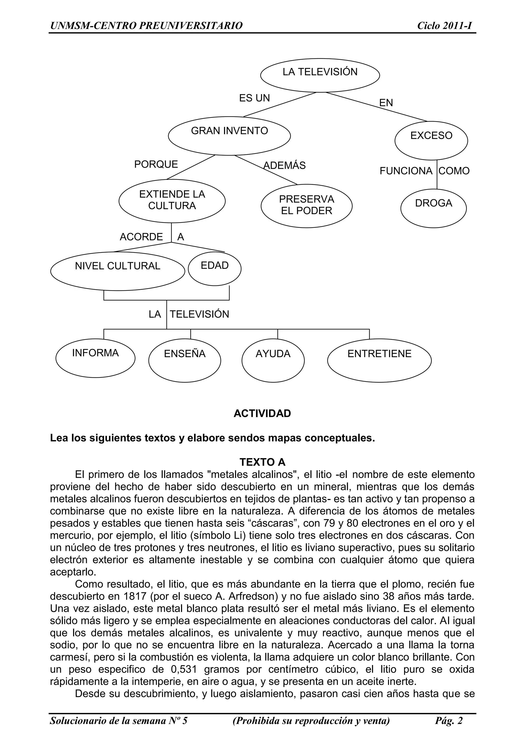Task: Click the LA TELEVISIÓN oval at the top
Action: pos(320,75)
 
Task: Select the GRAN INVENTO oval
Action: pos(229,135)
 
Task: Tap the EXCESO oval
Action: pos(431,140)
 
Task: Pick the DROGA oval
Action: pos(433,208)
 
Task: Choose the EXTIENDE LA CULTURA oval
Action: pos(172,201)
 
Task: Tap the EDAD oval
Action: pos(215,269)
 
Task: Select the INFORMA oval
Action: pos(95,358)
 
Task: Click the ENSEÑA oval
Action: pos(185,360)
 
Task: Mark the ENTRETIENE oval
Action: pos(379,360)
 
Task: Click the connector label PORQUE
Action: pos(156,164)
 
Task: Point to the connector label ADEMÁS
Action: pos(285,165)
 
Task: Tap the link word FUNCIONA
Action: pos(406,171)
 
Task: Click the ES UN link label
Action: pos(254,98)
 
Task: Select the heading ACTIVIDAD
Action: pos(262,414)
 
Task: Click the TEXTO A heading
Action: pos(262,462)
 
